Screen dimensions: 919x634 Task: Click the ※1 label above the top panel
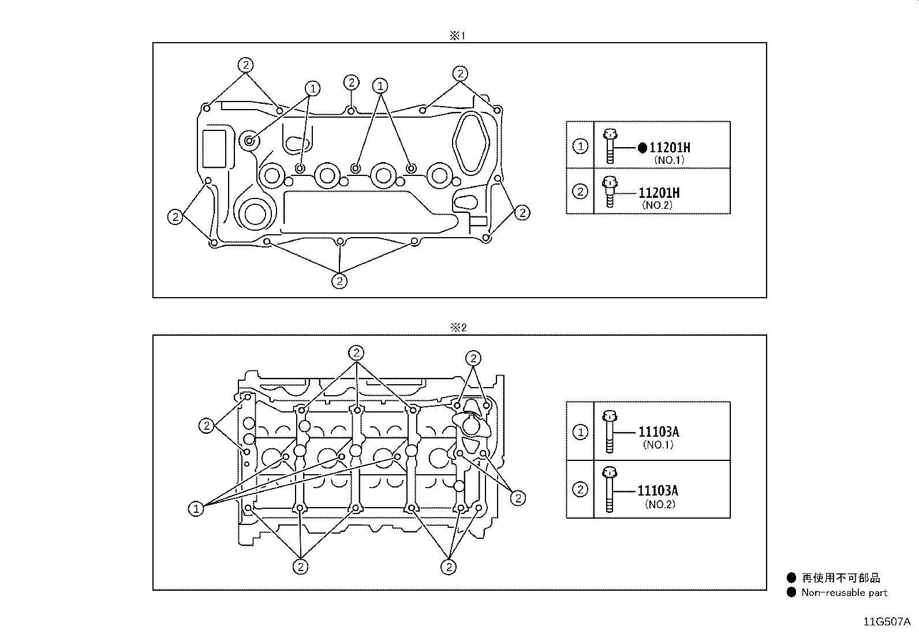click(457, 36)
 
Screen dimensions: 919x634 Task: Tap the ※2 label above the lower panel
click(458, 327)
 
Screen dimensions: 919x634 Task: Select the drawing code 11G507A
click(887, 622)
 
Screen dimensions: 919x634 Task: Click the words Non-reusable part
click(845, 592)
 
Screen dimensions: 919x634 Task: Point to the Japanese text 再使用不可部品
click(841, 578)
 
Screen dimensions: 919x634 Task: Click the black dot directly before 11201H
click(642, 148)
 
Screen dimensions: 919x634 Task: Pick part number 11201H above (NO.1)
click(670, 147)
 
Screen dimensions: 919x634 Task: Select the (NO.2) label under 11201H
click(658, 205)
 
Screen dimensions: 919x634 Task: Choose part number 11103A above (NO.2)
click(658, 490)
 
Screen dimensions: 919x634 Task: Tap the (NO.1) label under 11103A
click(658, 445)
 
